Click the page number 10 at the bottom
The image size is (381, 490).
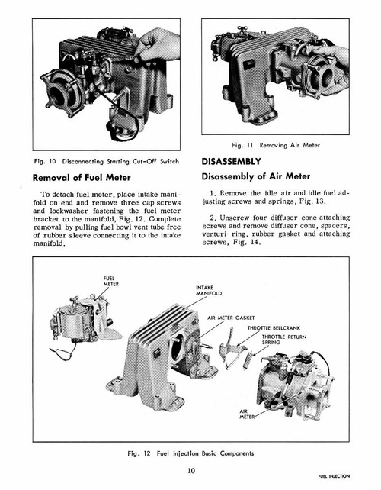pos(190,469)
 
